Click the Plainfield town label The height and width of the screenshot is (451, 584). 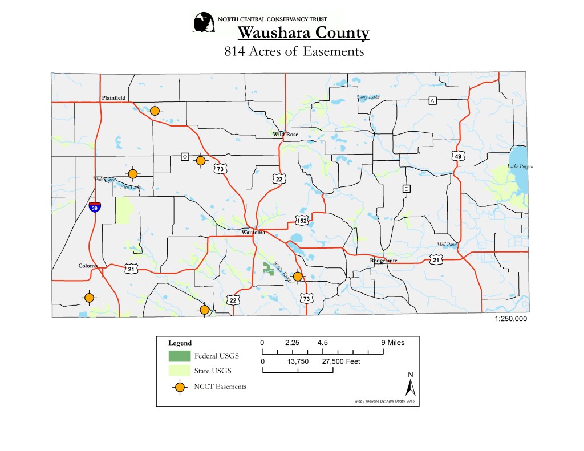(113, 98)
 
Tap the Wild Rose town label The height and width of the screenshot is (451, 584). (285, 135)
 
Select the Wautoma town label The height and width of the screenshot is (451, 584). (253, 233)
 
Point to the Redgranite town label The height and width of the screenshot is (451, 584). (383, 260)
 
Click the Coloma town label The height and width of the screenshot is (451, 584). (88, 266)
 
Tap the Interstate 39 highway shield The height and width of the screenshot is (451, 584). (95, 207)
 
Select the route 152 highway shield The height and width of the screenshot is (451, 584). (302, 220)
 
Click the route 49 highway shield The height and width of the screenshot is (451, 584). (458, 156)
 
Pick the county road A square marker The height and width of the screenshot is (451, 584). (432, 101)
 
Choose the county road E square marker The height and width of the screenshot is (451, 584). (406, 189)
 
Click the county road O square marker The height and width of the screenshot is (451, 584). (185, 156)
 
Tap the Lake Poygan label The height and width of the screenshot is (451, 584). (520, 166)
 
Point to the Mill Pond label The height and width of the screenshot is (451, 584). (447, 245)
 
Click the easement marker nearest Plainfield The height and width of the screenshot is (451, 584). (154, 111)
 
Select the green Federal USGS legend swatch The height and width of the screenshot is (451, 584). (179, 356)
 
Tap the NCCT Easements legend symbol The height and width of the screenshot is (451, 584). (180, 387)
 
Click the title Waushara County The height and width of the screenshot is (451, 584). (303, 33)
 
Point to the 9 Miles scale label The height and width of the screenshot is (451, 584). (392, 343)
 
